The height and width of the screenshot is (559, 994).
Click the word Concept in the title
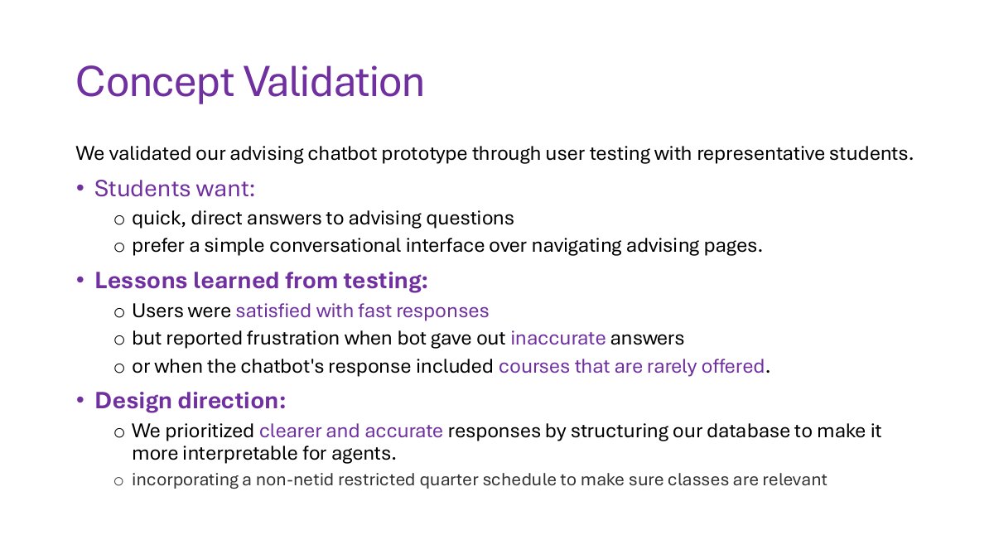155,83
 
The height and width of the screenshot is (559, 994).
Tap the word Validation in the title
334,81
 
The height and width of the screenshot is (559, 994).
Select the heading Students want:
175,189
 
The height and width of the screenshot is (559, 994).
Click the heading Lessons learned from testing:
261,281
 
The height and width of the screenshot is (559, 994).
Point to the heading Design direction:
191,400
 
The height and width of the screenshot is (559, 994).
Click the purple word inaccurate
557,338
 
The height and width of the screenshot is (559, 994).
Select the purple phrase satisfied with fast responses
362,311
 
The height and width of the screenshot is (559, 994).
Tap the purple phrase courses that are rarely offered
631,366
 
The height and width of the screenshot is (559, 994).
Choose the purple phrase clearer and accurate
351,431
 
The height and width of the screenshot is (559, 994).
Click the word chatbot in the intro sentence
342,153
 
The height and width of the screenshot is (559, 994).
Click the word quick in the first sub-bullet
159,219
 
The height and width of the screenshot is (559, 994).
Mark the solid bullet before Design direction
80,400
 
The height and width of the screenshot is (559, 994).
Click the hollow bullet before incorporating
118,481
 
